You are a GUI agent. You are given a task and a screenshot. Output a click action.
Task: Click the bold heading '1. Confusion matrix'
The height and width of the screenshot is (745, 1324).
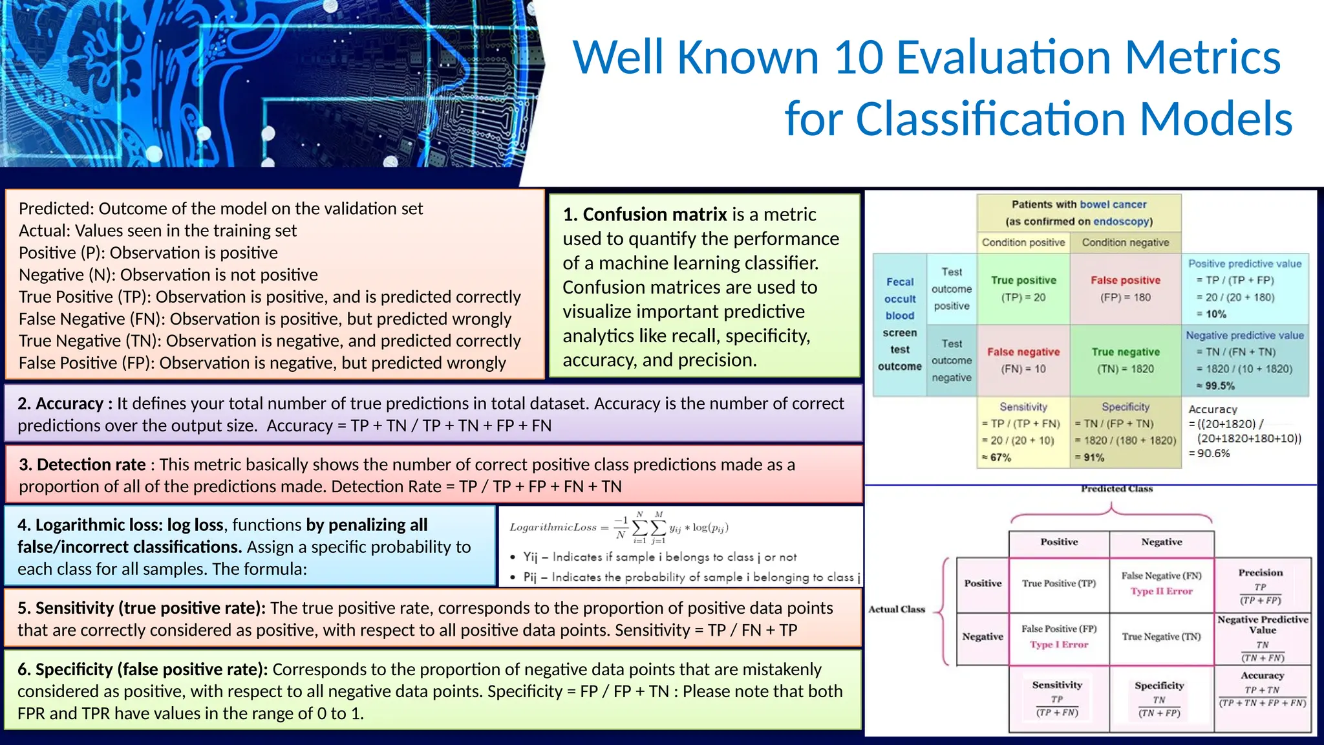tap(645, 214)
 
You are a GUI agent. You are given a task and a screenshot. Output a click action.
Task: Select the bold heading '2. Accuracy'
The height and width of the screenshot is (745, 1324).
tap(65, 404)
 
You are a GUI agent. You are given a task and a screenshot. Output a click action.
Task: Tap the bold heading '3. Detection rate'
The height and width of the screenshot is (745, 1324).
tap(82, 464)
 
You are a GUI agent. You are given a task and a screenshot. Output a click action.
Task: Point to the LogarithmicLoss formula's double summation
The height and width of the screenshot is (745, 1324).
tap(648, 528)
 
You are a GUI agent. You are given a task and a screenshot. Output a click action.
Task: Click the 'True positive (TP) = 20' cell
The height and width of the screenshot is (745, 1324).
tap(1023, 288)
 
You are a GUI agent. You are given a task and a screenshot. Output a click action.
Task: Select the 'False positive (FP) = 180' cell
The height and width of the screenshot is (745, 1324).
tap(1125, 288)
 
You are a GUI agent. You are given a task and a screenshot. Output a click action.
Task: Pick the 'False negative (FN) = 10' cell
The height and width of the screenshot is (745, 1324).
tap(1023, 360)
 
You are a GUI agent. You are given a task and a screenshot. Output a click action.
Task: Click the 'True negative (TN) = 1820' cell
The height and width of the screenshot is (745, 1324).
tap(1125, 360)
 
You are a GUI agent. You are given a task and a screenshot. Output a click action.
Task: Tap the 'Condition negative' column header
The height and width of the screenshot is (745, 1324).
tap(1125, 243)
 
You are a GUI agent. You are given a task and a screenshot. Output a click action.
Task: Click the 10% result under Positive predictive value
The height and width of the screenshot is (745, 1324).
tap(1215, 314)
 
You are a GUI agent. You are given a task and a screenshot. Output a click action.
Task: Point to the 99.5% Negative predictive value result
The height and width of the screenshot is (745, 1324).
tap(1219, 386)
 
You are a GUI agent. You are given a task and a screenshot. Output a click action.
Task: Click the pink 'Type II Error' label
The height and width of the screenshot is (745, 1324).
tap(1161, 591)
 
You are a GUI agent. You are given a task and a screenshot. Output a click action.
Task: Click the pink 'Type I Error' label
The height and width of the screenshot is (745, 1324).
tap(1059, 645)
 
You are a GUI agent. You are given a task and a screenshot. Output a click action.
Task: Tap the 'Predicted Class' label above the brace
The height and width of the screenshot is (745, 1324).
tap(1116, 489)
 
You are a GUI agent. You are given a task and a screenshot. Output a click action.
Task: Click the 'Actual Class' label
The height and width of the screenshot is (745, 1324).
tap(897, 609)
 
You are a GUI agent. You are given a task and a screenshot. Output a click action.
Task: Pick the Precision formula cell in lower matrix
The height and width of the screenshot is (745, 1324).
tap(1261, 586)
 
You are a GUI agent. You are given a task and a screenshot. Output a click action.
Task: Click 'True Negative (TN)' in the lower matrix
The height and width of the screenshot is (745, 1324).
tap(1161, 637)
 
